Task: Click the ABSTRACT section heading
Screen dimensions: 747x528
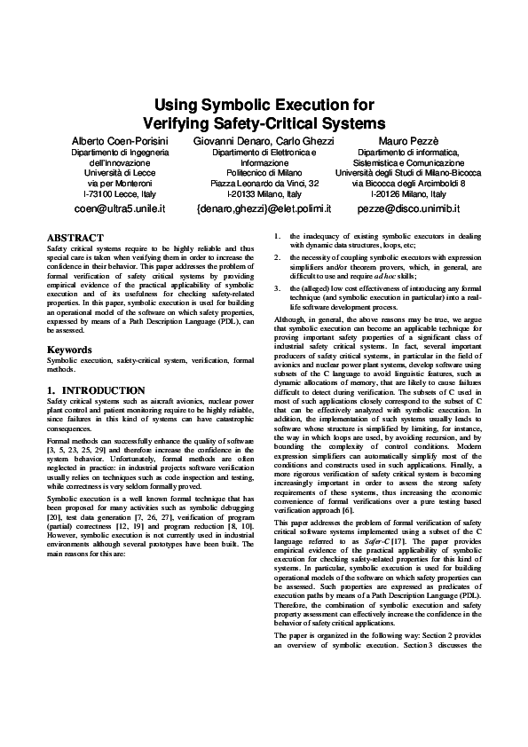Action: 75,238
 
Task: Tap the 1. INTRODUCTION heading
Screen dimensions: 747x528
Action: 96,390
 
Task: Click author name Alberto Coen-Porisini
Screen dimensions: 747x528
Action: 119,141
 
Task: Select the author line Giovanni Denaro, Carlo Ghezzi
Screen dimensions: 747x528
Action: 264,141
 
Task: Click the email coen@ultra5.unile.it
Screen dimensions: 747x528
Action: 119,208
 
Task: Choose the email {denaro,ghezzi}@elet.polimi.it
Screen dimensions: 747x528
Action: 264,208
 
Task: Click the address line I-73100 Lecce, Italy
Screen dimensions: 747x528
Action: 119,193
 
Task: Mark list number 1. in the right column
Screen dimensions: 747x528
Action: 279,236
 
